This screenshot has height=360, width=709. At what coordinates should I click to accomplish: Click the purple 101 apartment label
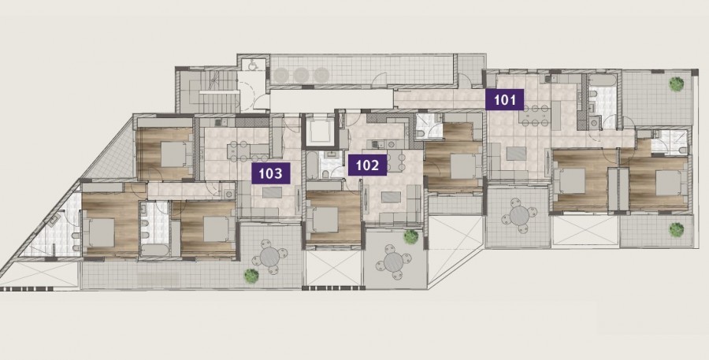pyautogui.click(x=505, y=99)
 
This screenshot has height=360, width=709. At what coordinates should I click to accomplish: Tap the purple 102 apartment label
pyautogui.click(x=367, y=165)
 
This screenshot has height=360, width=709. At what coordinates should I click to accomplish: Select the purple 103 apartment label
pyautogui.click(x=270, y=173)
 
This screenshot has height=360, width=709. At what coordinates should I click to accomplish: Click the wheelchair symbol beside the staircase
pyautogui.click(x=251, y=65)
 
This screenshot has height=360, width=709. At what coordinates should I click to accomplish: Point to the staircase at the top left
pyautogui.click(x=207, y=91)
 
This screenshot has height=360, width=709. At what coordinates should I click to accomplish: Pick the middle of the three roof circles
pyautogui.click(x=302, y=75)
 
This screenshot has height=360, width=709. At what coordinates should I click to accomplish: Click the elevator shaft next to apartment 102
pyautogui.click(x=320, y=131)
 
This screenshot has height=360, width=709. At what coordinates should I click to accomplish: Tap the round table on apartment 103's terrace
pyautogui.click(x=269, y=258)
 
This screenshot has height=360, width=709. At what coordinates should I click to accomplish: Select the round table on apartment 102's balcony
pyautogui.click(x=393, y=262)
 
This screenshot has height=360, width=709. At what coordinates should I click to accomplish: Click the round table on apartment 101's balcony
pyautogui.click(x=519, y=216)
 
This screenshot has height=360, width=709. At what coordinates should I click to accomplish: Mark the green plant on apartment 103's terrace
pyautogui.click(x=251, y=276)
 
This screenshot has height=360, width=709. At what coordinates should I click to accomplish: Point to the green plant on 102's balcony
pyautogui.click(x=410, y=237)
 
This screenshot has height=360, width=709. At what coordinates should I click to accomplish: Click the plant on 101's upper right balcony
pyautogui.click(x=677, y=84)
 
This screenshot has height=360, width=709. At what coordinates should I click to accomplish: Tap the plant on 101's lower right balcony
pyautogui.click(x=677, y=230)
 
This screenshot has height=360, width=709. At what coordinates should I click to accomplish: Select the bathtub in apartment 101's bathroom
pyautogui.click(x=603, y=80)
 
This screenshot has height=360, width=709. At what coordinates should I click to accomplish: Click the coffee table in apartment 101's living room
pyautogui.click(x=516, y=154)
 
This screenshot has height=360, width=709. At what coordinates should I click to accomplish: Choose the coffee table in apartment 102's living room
pyautogui.click(x=391, y=197)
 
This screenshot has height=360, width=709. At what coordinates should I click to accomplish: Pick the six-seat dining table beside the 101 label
pyautogui.click(x=534, y=116)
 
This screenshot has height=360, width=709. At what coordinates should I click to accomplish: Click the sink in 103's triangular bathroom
pyautogui.click(x=54, y=221)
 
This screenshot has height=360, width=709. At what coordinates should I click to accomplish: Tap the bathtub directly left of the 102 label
pyautogui.click(x=313, y=165)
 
